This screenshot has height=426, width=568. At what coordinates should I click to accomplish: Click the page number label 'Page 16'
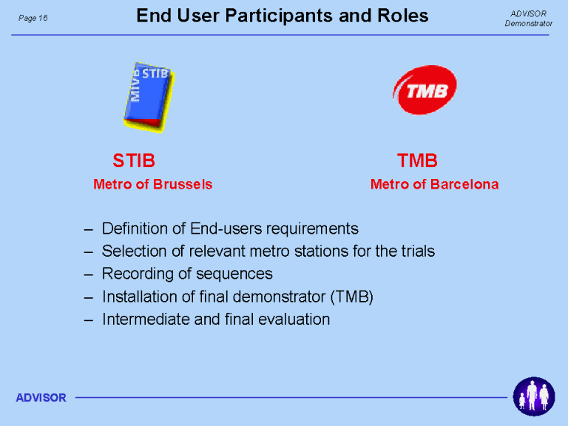[33, 18]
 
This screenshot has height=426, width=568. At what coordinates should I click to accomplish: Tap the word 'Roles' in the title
[403, 16]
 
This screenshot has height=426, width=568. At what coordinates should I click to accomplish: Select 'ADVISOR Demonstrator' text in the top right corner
[528, 18]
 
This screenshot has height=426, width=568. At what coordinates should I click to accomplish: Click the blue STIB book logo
[149, 97]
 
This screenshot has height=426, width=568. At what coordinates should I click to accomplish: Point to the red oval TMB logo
[425, 89]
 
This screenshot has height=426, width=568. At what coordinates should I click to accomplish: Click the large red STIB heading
[134, 160]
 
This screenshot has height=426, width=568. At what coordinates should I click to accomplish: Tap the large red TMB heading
[417, 160]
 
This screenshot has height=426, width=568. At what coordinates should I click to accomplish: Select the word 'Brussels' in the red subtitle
[183, 184]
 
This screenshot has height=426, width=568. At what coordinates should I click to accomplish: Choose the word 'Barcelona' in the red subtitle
[464, 184]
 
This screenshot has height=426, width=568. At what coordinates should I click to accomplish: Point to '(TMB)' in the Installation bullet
[352, 297]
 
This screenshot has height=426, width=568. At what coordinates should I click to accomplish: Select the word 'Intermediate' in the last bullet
[146, 319]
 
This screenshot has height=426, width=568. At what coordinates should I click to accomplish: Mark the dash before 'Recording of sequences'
[89, 275]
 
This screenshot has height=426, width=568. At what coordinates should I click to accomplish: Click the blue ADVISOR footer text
[41, 398]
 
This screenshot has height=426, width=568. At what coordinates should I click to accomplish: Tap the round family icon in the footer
[534, 396]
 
